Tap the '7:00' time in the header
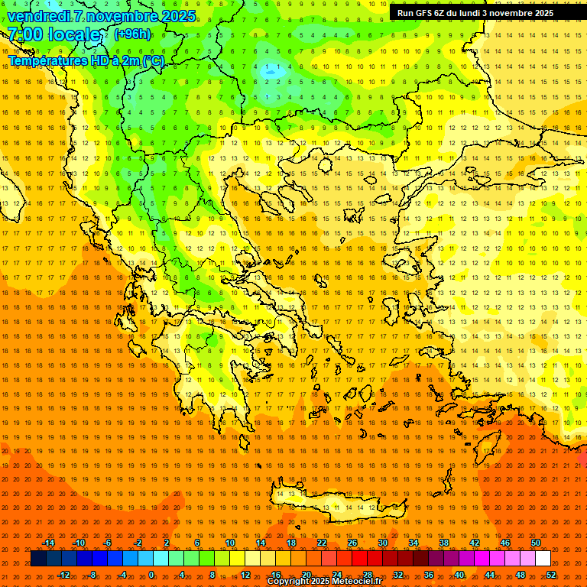pos(24,34)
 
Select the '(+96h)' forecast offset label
pos(132,34)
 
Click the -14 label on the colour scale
pos(48,543)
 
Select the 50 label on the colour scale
pos(535,543)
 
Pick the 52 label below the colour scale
pos(551,575)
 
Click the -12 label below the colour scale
pos(64,575)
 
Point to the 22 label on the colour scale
pos(322,543)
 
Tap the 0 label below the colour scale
pos(151,575)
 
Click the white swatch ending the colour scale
pos(543,559)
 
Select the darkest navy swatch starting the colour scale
pos(38,559)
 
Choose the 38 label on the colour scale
pos(443,543)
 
